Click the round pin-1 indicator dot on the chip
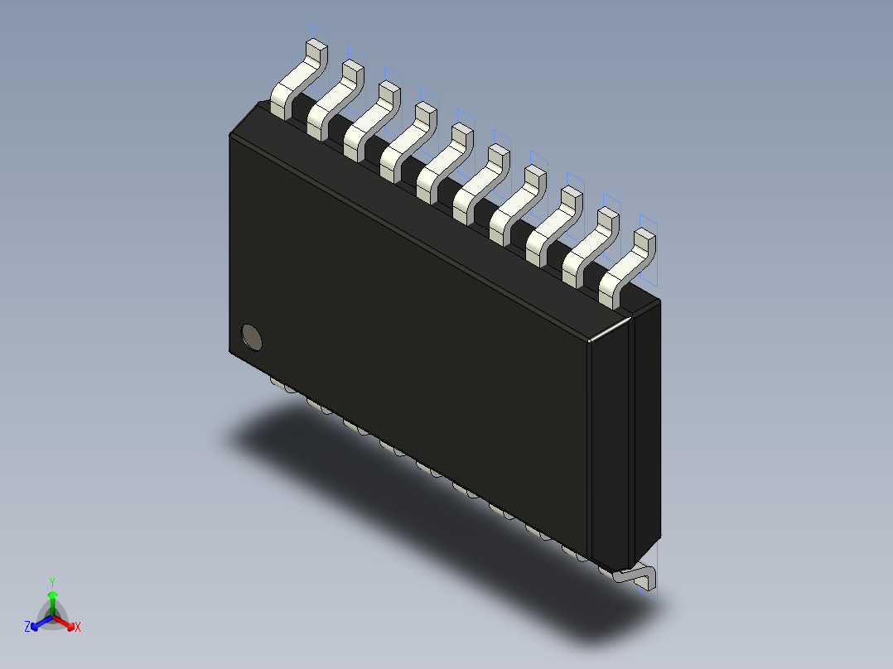251,336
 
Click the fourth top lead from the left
406,139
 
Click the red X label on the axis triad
78,628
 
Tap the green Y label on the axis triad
52,581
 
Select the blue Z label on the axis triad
27,628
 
